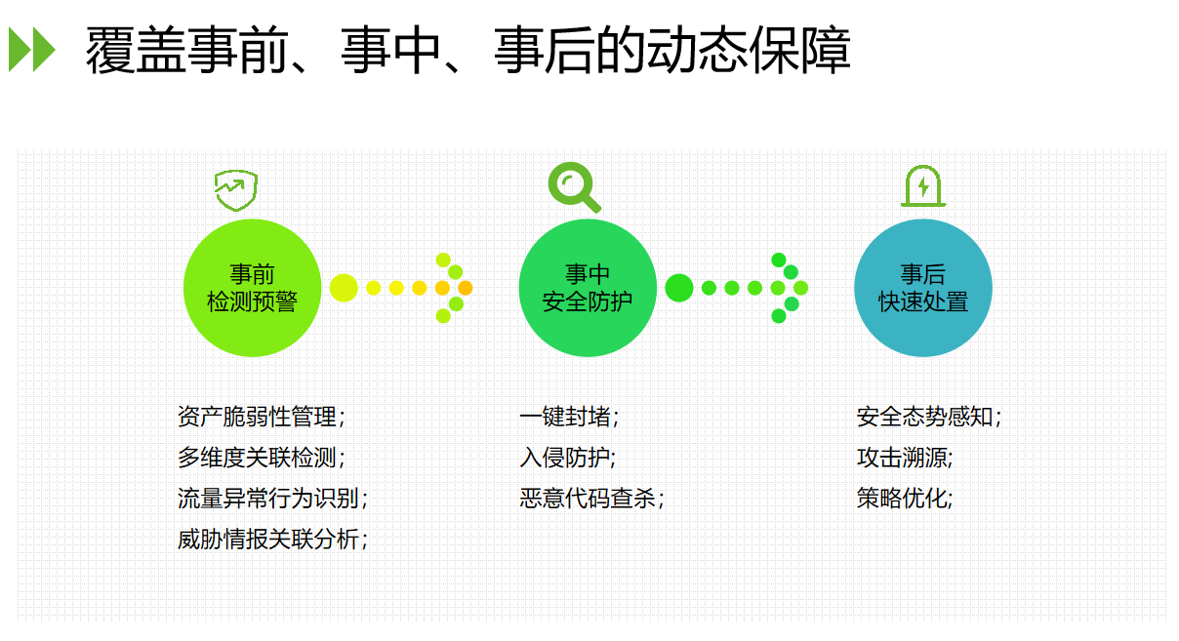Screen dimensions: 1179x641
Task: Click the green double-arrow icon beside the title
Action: coord(32,50)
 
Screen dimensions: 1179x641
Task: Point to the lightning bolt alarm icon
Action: coord(923,185)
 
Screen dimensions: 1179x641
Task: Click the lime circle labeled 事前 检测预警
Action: coord(252,288)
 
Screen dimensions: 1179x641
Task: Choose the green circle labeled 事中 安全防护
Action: coord(588,288)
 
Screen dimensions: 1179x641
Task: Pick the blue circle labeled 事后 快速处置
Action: coord(923,288)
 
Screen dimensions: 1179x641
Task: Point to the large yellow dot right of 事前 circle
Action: coord(344,288)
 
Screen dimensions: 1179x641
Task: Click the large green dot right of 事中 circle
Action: coord(679,288)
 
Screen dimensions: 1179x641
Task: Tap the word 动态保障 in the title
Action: coord(749,50)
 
